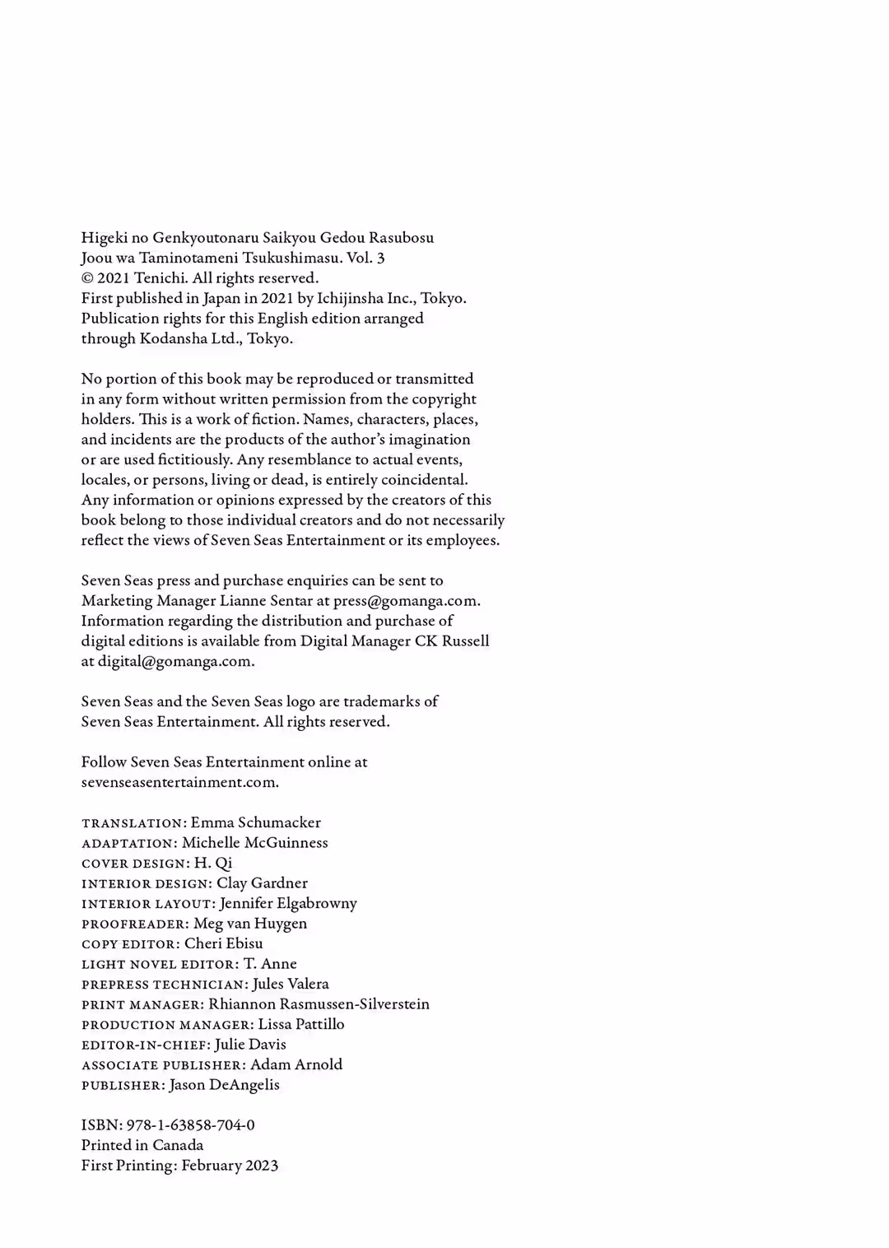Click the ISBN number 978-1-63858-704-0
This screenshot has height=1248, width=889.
(x=190, y=1125)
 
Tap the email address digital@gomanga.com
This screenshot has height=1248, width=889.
(x=175, y=661)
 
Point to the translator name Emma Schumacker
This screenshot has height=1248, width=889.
(x=255, y=822)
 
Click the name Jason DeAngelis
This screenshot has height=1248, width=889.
(x=224, y=1084)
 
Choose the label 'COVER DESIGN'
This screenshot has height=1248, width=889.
(x=135, y=864)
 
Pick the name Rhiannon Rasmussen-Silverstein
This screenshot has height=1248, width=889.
(x=319, y=1004)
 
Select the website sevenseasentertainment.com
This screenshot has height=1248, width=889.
(x=179, y=782)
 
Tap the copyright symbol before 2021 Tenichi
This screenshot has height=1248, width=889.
(x=87, y=278)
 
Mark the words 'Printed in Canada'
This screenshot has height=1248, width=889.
(x=142, y=1145)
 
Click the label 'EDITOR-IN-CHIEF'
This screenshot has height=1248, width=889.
(x=145, y=1045)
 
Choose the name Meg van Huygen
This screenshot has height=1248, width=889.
(x=250, y=924)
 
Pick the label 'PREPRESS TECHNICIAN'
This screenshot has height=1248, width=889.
(x=164, y=985)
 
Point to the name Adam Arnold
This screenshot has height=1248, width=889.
(x=296, y=1064)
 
